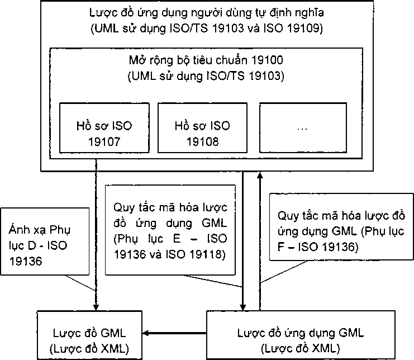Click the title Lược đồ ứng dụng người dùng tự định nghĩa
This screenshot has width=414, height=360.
coord(207,12)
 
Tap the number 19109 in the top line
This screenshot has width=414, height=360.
coord(306,27)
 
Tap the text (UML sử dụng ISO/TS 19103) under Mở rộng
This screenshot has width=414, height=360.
coord(205,76)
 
